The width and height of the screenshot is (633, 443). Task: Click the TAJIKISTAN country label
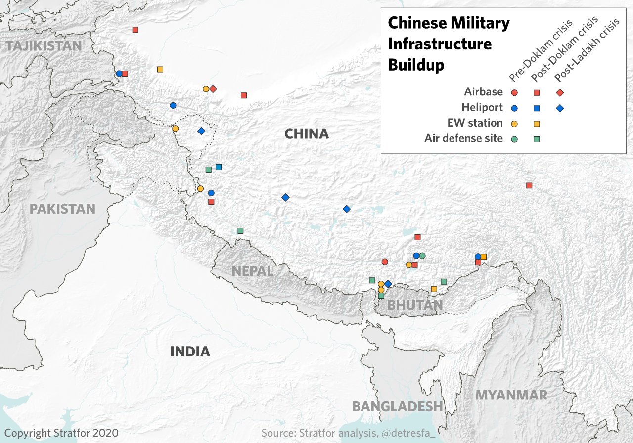pos(43,46)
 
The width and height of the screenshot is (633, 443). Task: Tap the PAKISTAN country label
pos(62,208)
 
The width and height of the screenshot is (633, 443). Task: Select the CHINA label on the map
pos(306,133)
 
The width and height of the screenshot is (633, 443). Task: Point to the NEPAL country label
pos(252,271)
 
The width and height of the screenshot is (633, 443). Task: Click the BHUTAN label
pos(415,305)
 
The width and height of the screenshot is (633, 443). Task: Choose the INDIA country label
pos(190,352)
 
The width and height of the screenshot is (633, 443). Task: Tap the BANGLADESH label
pos(397,406)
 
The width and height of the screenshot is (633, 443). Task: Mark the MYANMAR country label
pos(511,395)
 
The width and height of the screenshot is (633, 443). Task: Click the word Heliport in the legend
pos(482,107)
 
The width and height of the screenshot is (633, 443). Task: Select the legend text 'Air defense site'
pos(463,138)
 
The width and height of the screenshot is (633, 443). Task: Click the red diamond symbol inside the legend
pos(560,92)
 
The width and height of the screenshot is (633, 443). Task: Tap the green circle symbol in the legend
pos(514,139)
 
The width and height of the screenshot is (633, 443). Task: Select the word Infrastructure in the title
pos(440,44)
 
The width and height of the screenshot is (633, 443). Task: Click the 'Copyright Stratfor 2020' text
pos(61,433)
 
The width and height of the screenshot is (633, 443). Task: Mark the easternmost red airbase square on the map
pos(529,185)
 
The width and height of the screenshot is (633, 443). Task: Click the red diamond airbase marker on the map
pos(213,89)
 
